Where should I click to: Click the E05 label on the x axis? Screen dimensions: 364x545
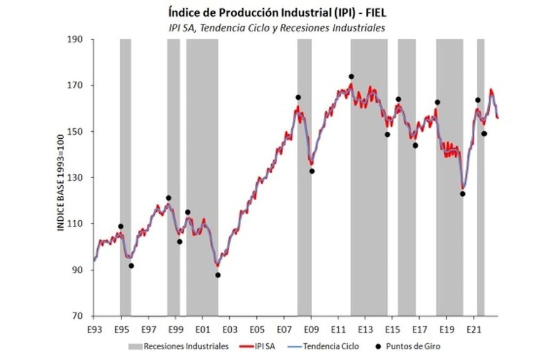(256, 329)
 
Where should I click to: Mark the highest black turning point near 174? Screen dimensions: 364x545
(351, 77)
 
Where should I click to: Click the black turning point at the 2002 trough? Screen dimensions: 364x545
(218, 275)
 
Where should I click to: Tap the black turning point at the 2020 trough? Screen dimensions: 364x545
(462, 194)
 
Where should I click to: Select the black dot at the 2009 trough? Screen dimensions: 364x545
(312, 171)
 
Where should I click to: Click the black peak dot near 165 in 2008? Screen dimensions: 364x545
(298, 97)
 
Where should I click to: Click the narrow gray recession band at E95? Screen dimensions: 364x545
(125, 176)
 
